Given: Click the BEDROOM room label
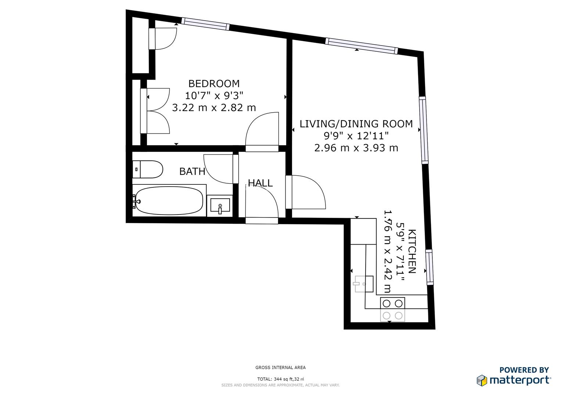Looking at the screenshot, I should pyautogui.click(x=214, y=84).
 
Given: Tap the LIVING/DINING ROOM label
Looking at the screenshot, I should pyautogui.click(x=356, y=124).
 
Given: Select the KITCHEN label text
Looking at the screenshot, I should pyautogui.click(x=412, y=252).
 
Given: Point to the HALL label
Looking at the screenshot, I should pyautogui.click(x=260, y=183).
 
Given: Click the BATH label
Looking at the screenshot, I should pyautogui.click(x=192, y=171).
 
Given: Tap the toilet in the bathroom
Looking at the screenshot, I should pyautogui.click(x=148, y=169).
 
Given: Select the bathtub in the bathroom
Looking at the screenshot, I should pyautogui.click(x=168, y=201).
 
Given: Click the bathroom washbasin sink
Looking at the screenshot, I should pyautogui.click(x=220, y=206).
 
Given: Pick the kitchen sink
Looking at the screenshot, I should pyautogui.click(x=364, y=284).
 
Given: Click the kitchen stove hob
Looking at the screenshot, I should pyautogui.click(x=392, y=309).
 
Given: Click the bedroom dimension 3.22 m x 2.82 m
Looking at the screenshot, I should pyautogui.click(x=214, y=108).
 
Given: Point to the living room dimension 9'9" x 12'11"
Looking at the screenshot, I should pyautogui.click(x=356, y=136).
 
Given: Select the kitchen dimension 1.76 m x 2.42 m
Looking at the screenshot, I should pyautogui.click(x=387, y=252).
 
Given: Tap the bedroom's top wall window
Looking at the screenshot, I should pyautogui.click(x=206, y=24).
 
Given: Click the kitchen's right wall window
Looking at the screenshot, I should pyautogui.click(x=429, y=267).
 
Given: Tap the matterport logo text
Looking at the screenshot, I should pyautogui.click(x=520, y=380).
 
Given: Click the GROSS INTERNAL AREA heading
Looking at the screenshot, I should pyautogui.click(x=280, y=367).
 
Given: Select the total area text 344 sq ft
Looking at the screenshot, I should pyautogui.click(x=280, y=379).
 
